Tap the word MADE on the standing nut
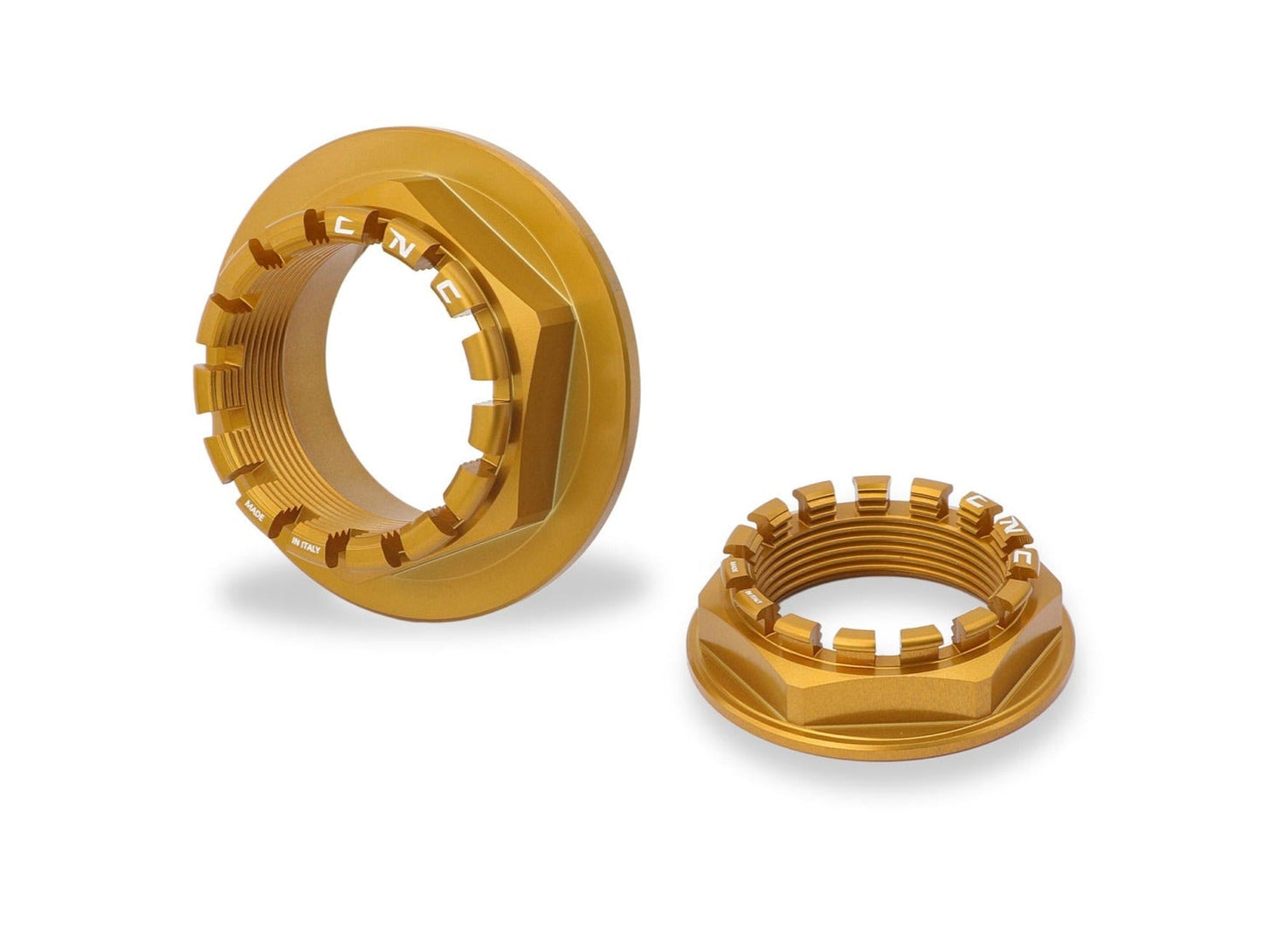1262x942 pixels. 256,509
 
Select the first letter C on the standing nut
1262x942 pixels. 345,226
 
